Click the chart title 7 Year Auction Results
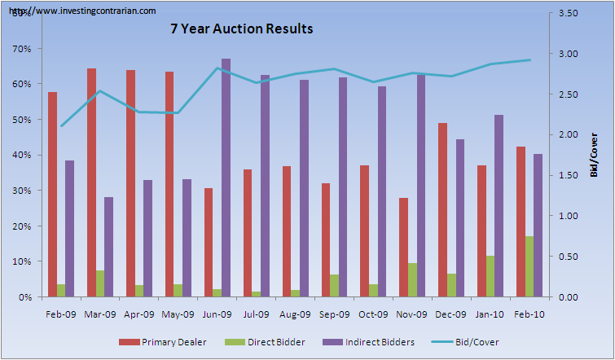tap(241, 29)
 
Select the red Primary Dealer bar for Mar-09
tap(92, 182)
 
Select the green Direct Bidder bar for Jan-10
tap(490, 276)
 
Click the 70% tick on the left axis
tap(21, 49)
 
